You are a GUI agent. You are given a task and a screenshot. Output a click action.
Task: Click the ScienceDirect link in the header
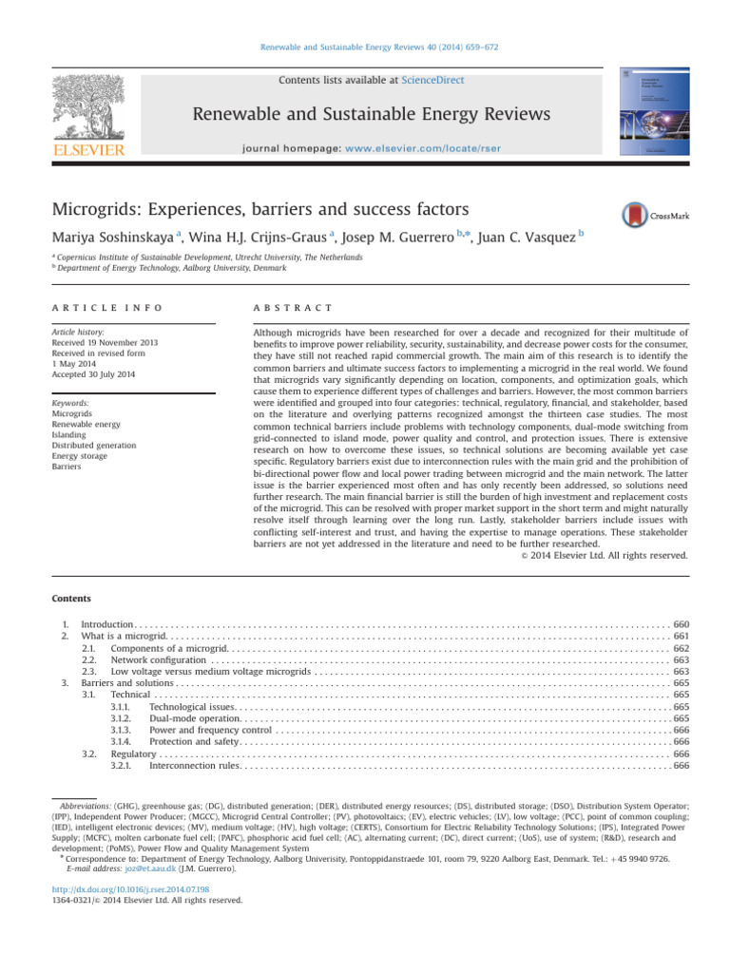(x=433, y=81)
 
